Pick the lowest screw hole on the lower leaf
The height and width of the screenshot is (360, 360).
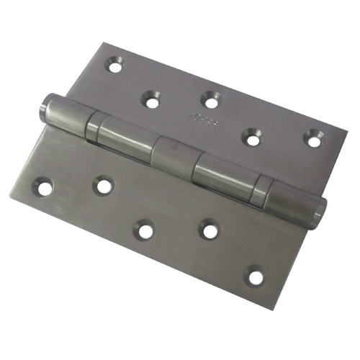click(254, 274)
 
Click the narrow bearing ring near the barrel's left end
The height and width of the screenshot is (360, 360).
click(93, 127)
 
